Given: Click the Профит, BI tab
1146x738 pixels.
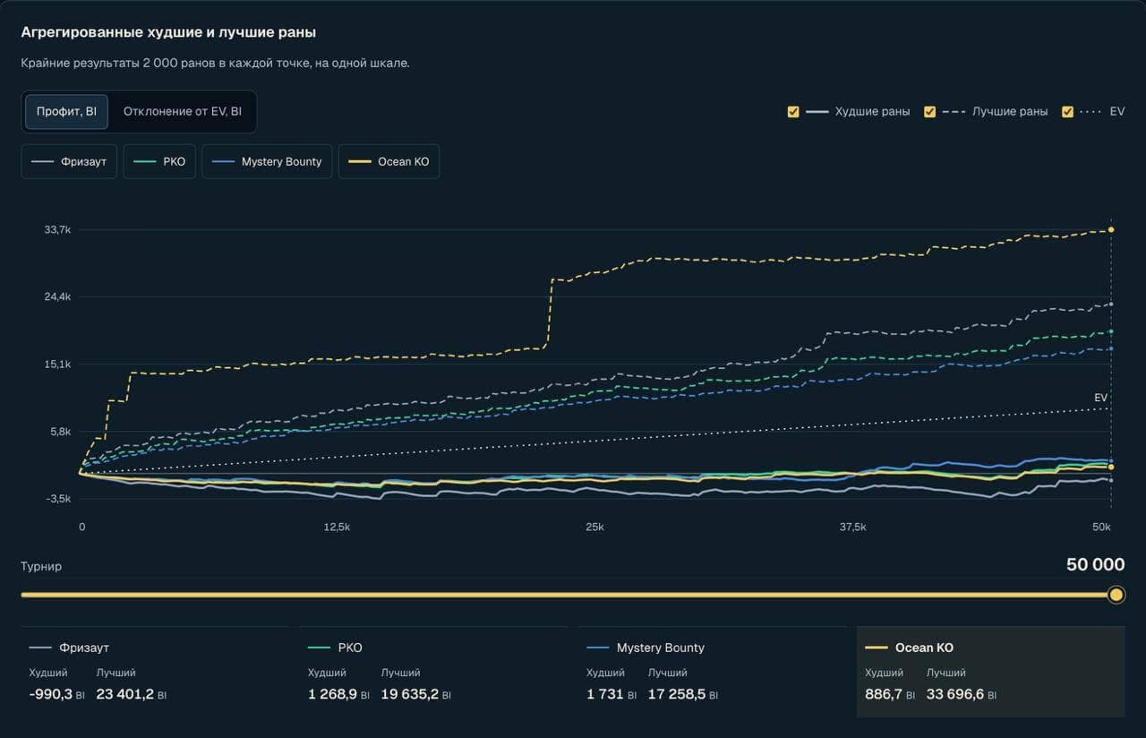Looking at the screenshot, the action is pos(66,112).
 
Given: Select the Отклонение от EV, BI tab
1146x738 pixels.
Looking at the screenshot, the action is pos(182,112).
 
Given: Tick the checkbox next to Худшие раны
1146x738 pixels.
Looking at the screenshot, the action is pos(793,112).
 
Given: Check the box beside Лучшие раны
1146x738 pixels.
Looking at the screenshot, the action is pos(929,112).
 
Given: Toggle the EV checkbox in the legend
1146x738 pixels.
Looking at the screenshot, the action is pos(1067,112).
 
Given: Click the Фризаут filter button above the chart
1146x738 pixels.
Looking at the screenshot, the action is pos(69,162).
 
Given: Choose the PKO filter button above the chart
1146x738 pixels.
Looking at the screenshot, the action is pos(159,162).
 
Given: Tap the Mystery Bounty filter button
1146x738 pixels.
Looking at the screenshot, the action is pos(267,162).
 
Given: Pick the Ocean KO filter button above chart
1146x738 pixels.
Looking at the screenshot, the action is pos(389,162).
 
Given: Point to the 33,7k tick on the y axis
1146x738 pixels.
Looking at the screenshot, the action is pos(58,230).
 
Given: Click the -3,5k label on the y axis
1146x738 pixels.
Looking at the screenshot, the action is pos(58,499).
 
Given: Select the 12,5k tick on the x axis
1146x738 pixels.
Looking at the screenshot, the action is pos(337,528).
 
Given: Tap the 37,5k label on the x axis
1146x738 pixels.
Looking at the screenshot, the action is pos(853,528).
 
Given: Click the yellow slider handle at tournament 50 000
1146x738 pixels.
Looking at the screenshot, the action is pos(1116,595).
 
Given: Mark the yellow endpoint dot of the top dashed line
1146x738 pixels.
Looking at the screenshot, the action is pos(1111,230).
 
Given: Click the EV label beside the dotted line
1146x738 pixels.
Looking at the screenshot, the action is pos(1100,398).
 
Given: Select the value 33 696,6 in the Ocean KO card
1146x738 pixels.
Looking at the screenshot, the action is pos(954,694).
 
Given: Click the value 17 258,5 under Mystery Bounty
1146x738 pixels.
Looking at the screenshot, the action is pos(676,694).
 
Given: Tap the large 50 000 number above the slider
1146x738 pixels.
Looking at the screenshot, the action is pos(1095,564).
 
